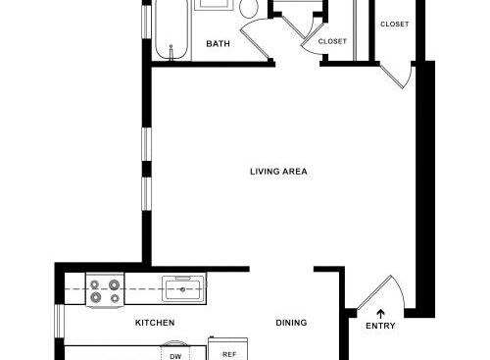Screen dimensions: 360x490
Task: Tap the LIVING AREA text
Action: click(x=278, y=172)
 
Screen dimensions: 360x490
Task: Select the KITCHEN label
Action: click(x=155, y=323)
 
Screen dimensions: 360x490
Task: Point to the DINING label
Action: click(x=291, y=323)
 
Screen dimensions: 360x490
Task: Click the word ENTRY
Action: click(x=380, y=326)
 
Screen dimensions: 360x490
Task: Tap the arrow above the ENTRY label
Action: click(x=380, y=311)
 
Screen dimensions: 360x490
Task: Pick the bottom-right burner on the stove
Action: click(x=115, y=297)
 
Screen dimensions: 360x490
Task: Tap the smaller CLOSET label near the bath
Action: click(x=332, y=41)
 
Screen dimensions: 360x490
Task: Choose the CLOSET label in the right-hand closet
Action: click(x=394, y=24)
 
